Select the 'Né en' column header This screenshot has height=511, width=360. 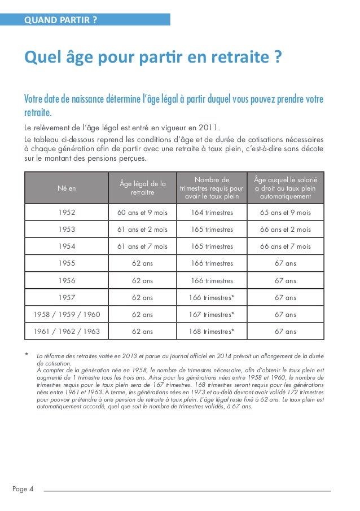67,188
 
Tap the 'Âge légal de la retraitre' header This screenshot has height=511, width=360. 143,188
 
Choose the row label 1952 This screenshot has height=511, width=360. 67,213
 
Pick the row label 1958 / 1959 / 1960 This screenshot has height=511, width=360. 67,315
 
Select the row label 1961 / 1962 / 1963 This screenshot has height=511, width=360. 67,332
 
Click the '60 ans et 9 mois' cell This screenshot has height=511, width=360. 143,213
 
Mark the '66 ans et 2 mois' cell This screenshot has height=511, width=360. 285,230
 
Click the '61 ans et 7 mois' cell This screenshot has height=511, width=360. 143,246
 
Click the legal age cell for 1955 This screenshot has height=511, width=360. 143,263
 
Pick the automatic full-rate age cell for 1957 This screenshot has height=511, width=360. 285,298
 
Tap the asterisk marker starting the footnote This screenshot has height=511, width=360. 25,355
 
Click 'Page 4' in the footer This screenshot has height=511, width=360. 23,489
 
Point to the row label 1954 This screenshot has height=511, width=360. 67,246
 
